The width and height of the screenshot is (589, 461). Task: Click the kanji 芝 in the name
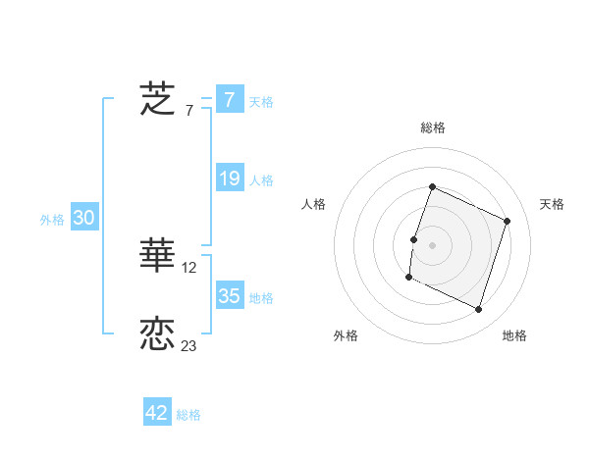pos(157,100)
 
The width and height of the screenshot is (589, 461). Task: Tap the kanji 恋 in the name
pos(157,333)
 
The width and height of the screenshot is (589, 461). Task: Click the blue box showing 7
pos(229,100)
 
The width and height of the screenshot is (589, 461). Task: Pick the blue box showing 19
pos(229,179)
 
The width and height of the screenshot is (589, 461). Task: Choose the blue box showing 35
pos(229,296)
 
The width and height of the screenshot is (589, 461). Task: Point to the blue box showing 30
pos(83,219)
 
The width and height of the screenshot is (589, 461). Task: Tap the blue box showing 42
pos(157,413)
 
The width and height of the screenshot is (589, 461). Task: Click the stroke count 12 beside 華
pos(189,268)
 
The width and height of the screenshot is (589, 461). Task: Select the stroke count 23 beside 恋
pos(189,346)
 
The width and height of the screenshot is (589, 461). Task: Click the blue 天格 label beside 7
pos(261,101)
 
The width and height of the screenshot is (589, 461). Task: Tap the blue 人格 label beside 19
pos(261,180)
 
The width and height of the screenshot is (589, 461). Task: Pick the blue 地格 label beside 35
pos(261,297)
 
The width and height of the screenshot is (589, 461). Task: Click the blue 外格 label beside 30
pos(52,221)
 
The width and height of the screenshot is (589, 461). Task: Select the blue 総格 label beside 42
pos(188,415)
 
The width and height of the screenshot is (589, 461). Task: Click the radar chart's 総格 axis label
pos(433,128)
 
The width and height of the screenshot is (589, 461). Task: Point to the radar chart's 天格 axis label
pos(553,204)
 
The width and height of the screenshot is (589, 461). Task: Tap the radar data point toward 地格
pos(479,310)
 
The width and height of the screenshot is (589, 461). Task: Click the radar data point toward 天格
pos(508,221)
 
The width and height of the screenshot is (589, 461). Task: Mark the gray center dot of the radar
pos(433,245)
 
